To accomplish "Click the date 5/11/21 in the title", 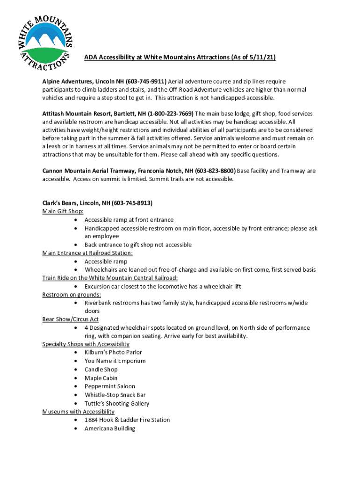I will (262, 58).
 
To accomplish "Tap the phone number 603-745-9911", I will (146, 81).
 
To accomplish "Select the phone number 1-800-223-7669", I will (171, 114).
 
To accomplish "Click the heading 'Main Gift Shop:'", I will (63, 211).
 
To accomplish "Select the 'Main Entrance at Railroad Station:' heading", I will (87, 253).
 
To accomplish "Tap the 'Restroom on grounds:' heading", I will (72, 295).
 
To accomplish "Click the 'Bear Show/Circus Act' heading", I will (71, 319).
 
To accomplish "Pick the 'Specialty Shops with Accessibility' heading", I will (86, 344).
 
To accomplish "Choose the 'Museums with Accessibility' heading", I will (78, 412).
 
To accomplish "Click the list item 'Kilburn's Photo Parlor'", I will (113, 352).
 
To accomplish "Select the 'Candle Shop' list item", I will (101, 370).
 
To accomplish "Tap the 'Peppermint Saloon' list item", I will (109, 386).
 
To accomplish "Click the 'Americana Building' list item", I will (110, 428).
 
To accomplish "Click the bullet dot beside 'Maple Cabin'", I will (76, 378).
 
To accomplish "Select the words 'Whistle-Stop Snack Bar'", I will (115, 395).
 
